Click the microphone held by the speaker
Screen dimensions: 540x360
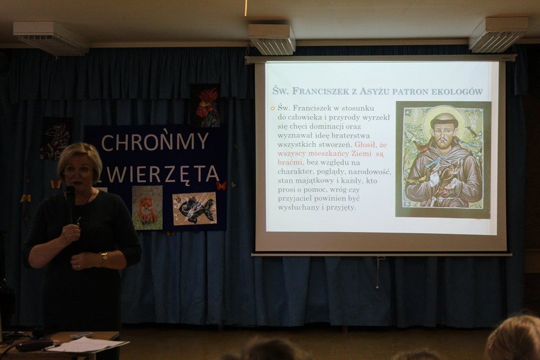point(70,203)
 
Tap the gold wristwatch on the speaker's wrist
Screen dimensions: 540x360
point(103,260)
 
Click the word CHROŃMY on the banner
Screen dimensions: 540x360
point(155,142)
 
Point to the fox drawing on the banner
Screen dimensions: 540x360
point(147,208)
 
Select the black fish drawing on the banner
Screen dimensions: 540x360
point(195,209)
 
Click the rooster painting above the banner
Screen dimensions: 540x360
point(205,105)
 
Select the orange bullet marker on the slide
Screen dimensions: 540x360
point(272,109)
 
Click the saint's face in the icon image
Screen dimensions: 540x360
point(443,131)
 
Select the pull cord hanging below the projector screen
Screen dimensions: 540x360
point(378,272)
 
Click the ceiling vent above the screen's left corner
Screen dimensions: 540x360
point(272,39)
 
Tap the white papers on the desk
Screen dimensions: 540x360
point(88,344)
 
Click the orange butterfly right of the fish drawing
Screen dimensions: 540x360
point(222,186)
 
